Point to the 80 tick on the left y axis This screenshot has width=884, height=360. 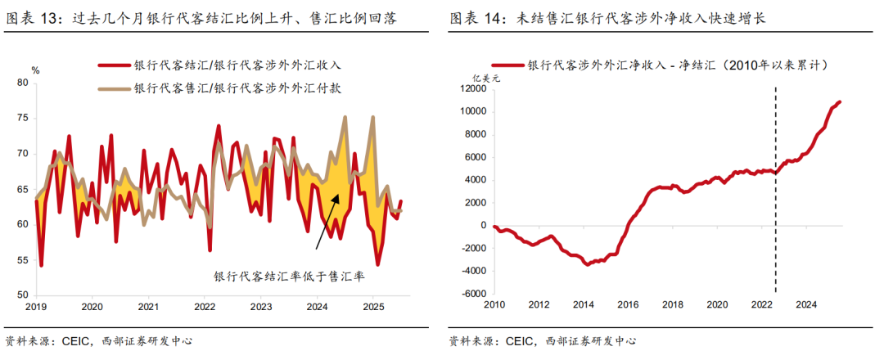click(22, 83)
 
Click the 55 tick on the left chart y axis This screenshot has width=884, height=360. click(22, 260)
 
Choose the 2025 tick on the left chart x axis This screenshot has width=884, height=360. click(373, 307)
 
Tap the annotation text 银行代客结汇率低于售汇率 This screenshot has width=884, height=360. click(289, 277)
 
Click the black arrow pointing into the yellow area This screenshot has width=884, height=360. click(328, 220)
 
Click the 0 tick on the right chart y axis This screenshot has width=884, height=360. click(481, 226)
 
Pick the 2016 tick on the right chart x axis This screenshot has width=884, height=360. click(628, 304)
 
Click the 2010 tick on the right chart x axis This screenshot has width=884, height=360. click(494, 304)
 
